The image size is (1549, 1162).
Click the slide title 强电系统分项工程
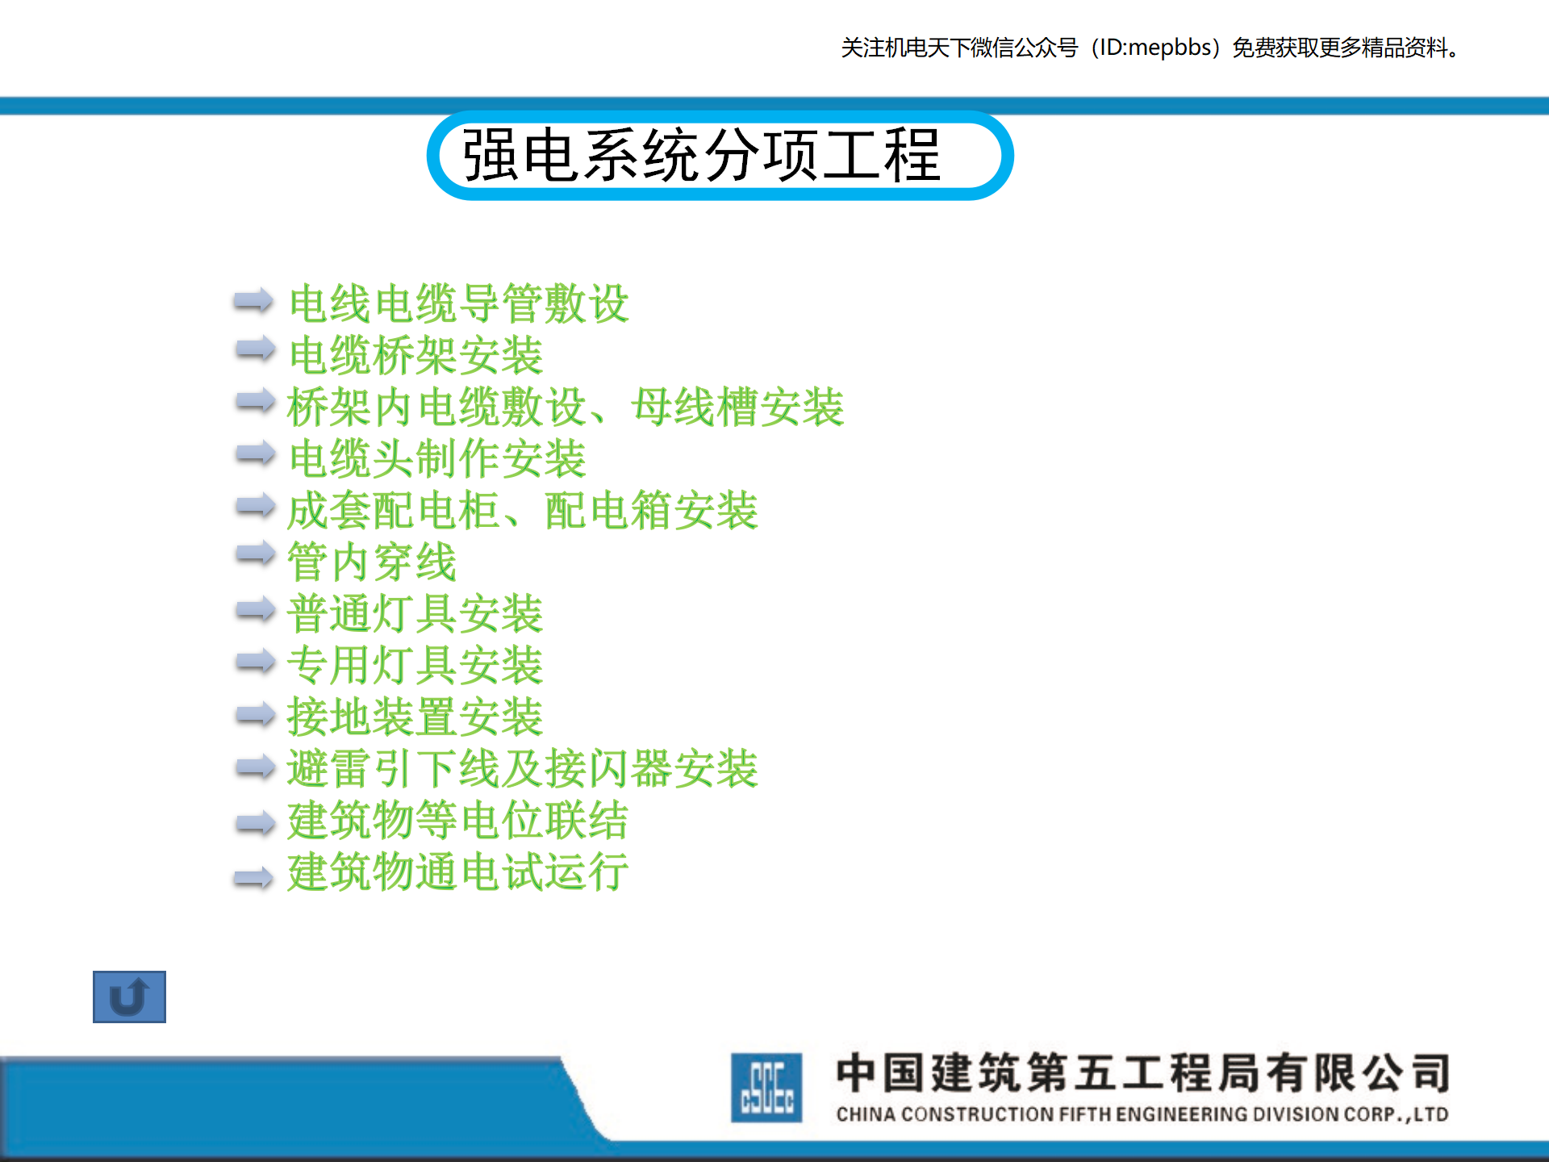701,155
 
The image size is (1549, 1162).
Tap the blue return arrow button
129,997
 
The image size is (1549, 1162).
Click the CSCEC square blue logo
766,1087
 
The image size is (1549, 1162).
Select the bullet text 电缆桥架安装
416,355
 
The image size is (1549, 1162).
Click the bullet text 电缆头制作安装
437,458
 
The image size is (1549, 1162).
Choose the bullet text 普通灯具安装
415,613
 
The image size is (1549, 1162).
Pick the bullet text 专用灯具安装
415,665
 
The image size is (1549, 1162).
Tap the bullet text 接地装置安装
415,717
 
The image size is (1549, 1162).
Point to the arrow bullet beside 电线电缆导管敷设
254,300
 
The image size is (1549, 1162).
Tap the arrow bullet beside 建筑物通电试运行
254,877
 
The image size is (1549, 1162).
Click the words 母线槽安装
738,407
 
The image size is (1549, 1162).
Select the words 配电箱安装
652,510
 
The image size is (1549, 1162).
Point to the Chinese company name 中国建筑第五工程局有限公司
1143,1073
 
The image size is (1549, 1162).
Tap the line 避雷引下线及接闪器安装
523,768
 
